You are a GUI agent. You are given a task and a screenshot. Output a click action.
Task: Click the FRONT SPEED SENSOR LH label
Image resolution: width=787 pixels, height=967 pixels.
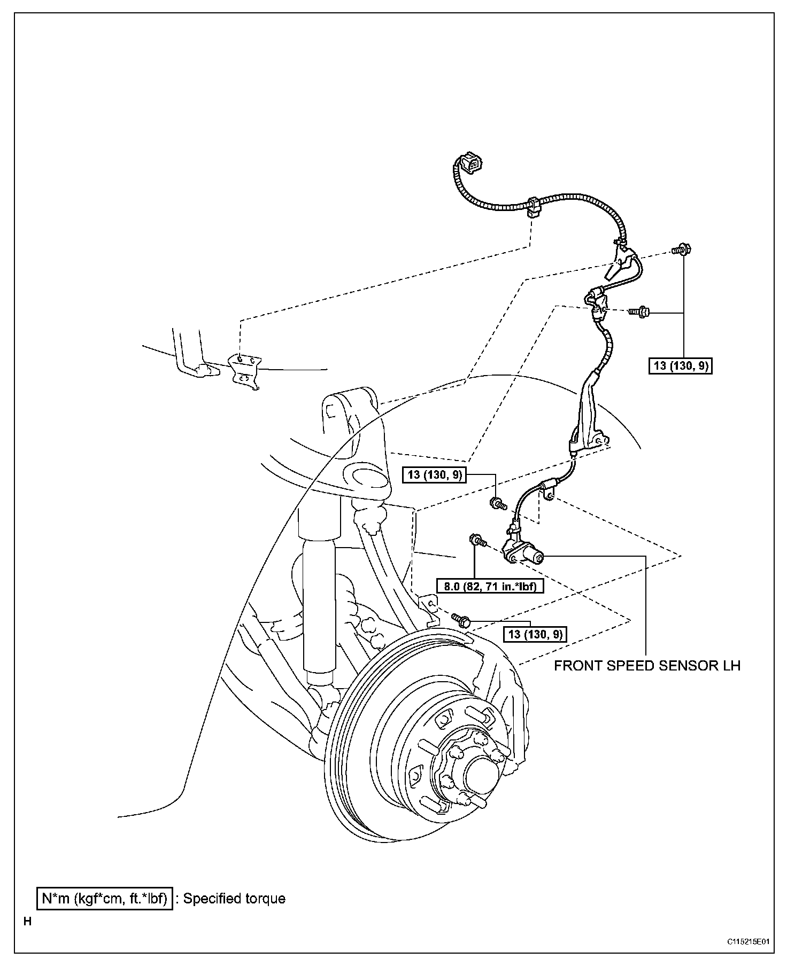point(647,666)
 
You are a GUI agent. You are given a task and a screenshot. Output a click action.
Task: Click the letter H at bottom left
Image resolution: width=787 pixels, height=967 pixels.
point(27,921)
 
